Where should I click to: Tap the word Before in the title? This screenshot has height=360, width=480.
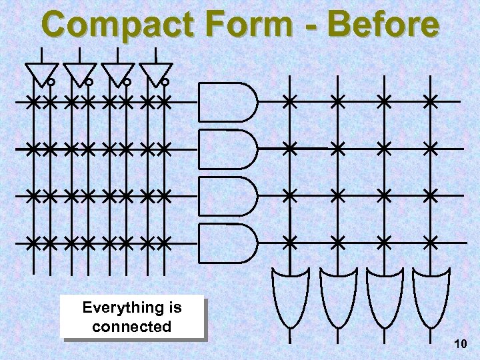click(384, 25)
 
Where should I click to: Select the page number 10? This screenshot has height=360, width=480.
click(459, 344)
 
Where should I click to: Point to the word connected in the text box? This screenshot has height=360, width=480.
click(132, 327)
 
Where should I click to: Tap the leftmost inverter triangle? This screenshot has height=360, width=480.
click(41, 73)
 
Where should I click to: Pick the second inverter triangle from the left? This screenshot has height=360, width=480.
click(79, 73)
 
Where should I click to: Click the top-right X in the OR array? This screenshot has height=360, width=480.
click(431, 102)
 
